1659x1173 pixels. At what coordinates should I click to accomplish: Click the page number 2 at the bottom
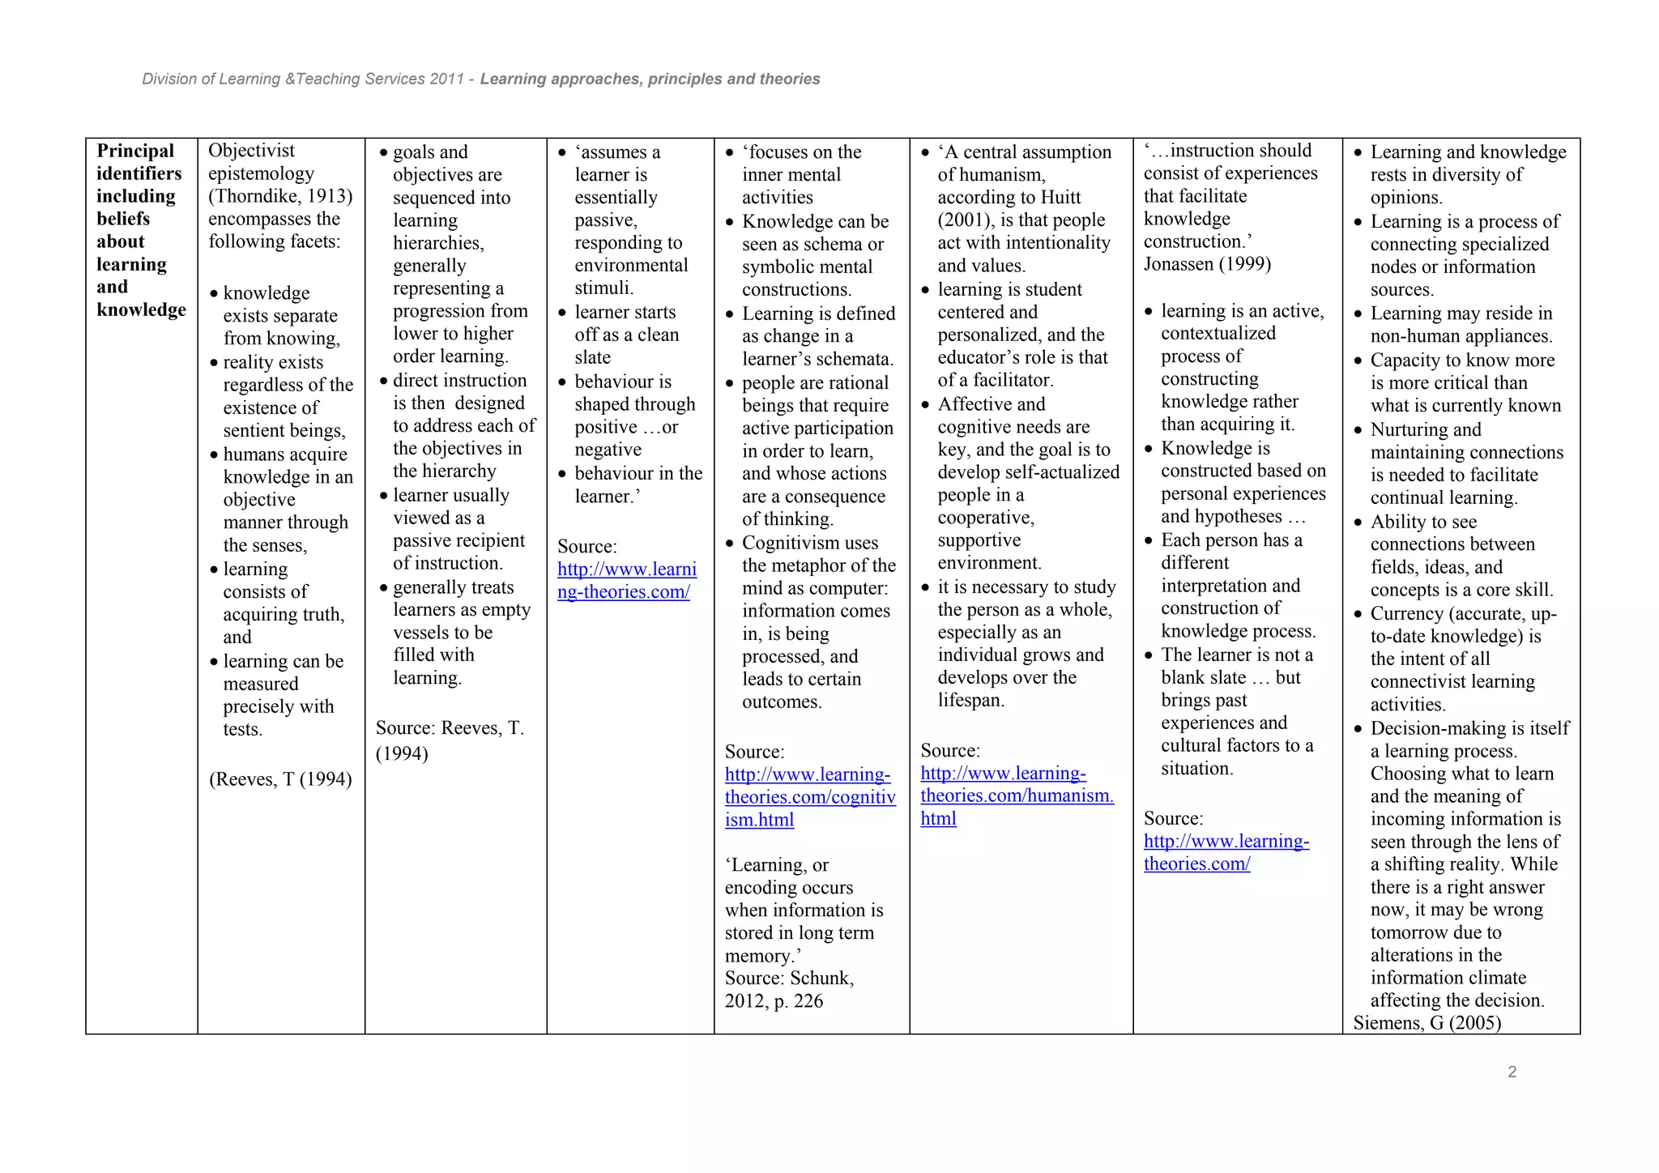[x=1512, y=1072]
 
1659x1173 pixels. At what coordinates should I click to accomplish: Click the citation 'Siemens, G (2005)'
[x=1427, y=1023]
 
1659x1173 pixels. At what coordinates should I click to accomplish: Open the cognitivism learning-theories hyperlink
[x=809, y=797]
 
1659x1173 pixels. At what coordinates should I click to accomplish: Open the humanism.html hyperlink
[x=1017, y=796]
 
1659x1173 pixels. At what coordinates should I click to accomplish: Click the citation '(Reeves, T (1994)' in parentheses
[x=280, y=779]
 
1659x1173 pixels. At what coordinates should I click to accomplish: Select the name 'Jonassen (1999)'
[x=1207, y=264]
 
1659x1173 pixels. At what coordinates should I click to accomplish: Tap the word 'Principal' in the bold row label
[x=135, y=151]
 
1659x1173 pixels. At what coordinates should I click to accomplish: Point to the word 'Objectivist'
[x=251, y=151]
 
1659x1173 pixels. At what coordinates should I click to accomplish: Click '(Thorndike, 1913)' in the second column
[x=280, y=196]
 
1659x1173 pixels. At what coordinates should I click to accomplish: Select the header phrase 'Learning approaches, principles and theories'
[x=650, y=79]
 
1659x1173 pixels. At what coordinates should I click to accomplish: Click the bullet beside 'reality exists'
[x=214, y=363]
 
